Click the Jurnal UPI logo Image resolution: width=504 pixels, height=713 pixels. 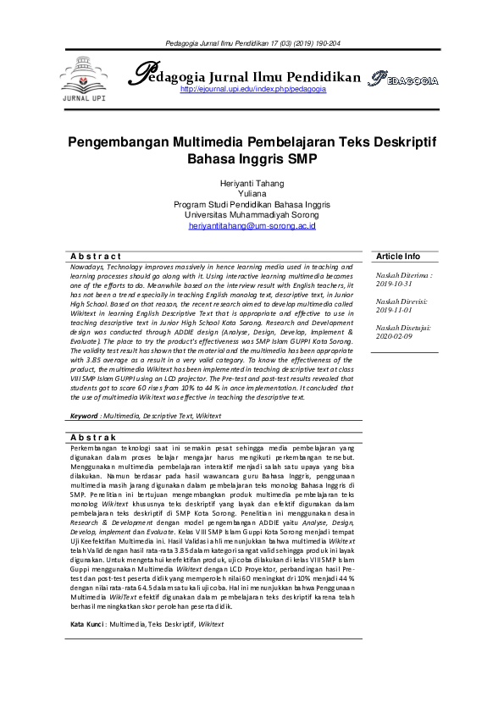86,79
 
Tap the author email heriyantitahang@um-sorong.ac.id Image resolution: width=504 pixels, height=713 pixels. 252,226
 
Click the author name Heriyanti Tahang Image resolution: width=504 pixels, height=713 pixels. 252,183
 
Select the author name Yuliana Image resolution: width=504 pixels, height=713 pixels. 252,194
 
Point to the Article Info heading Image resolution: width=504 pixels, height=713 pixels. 398,256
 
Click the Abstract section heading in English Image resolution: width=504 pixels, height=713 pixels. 96,256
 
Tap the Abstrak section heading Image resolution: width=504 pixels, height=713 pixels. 96,436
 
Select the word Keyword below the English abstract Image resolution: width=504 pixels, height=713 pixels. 84,417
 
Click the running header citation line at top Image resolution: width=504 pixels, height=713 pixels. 252,42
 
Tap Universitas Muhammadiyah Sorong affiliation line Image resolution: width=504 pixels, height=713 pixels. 252,215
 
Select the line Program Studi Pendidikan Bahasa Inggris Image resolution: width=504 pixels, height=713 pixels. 252,204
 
